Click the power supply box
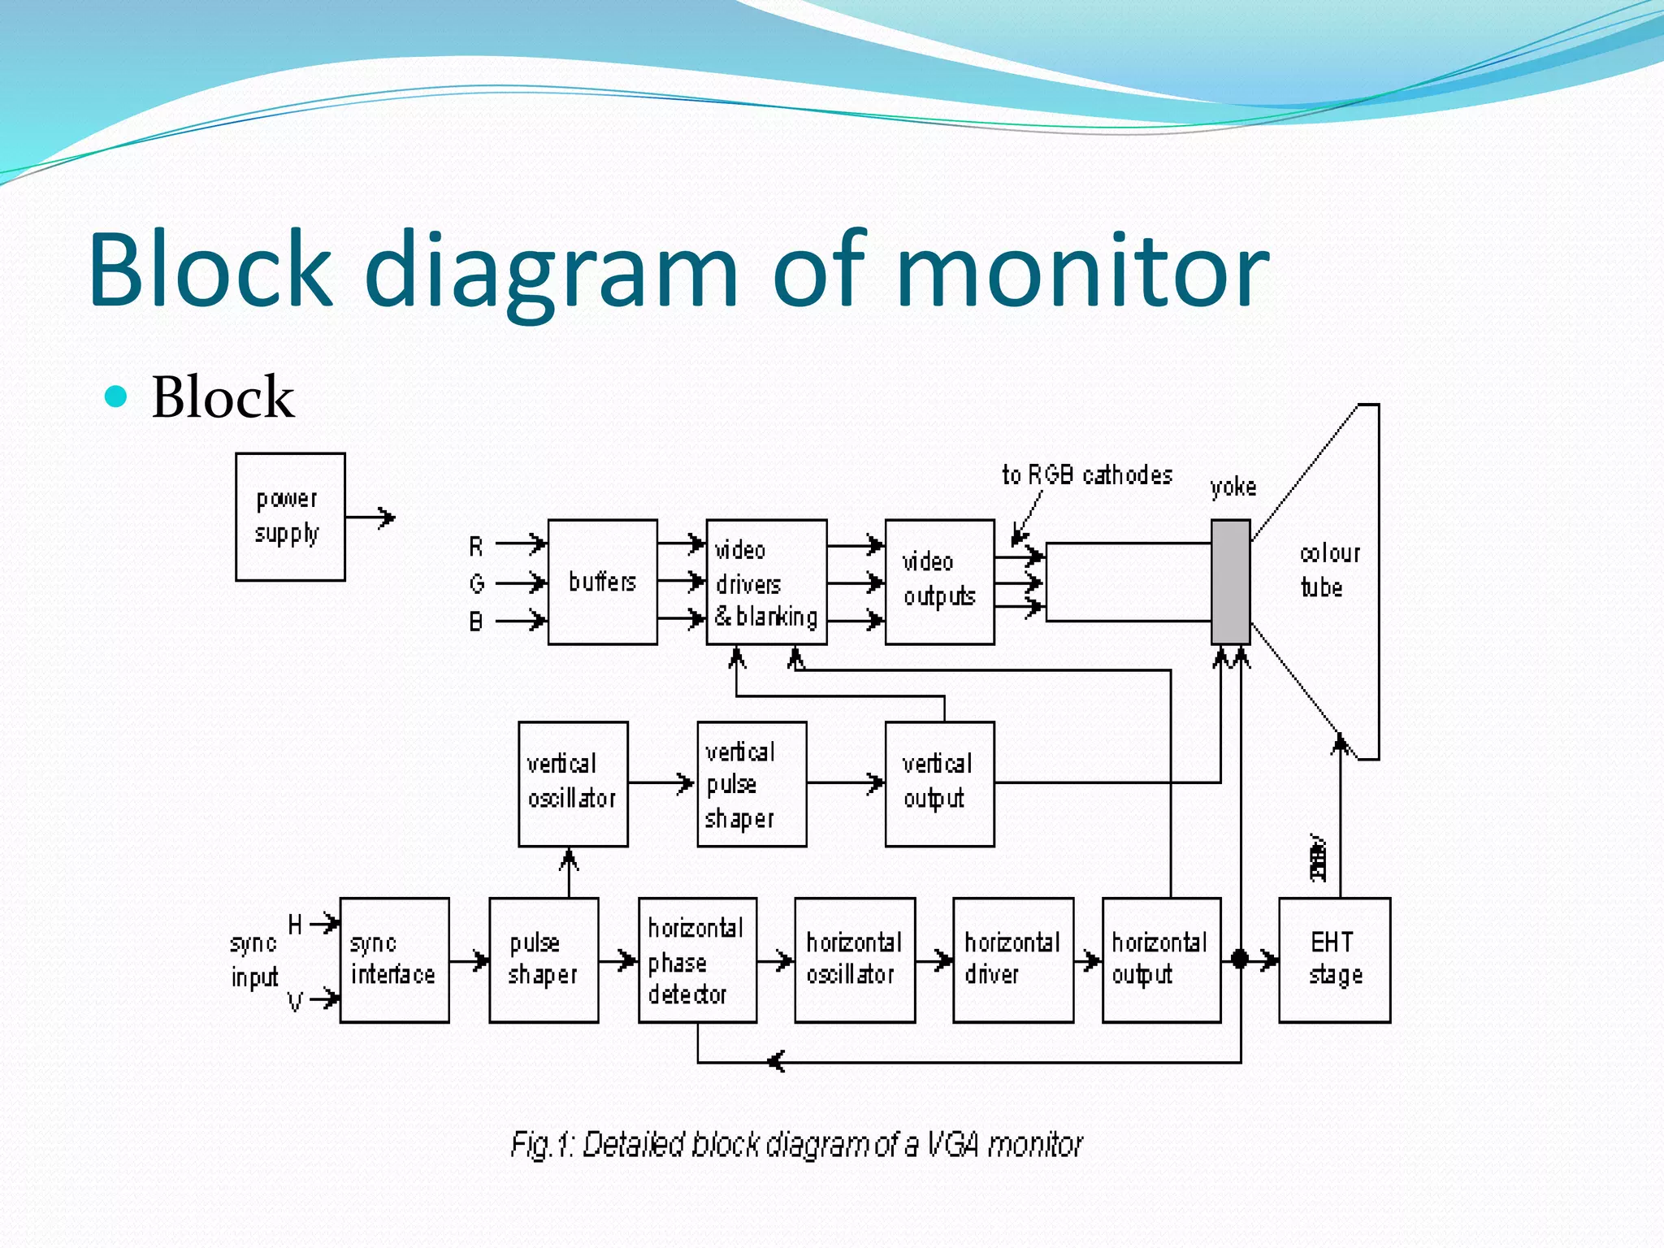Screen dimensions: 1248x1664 click(290, 517)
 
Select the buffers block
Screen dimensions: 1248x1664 click(602, 582)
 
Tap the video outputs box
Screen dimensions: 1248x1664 click(939, 582)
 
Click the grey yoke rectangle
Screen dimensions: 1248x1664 click(1230, 582)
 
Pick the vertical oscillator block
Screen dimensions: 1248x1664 click(573, 784)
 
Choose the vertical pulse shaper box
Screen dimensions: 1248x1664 click(752, 784)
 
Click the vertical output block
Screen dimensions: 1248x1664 click(939, 784)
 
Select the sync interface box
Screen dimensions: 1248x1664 click(394, 960)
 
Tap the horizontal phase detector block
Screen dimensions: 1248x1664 click(697, 960)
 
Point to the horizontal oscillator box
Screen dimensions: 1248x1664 click(855, 960)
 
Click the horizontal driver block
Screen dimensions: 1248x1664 click(1012, 960)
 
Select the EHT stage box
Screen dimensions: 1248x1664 click(1334, 960)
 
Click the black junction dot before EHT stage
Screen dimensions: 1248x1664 click(1239, 960)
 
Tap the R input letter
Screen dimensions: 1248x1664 click(476, 547)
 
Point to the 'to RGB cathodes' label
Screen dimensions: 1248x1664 click(1086, 475)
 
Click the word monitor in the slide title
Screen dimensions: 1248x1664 click(1082, 270)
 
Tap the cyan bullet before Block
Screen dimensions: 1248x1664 click(116, 396)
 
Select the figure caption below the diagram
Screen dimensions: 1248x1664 click(796, 1144)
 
